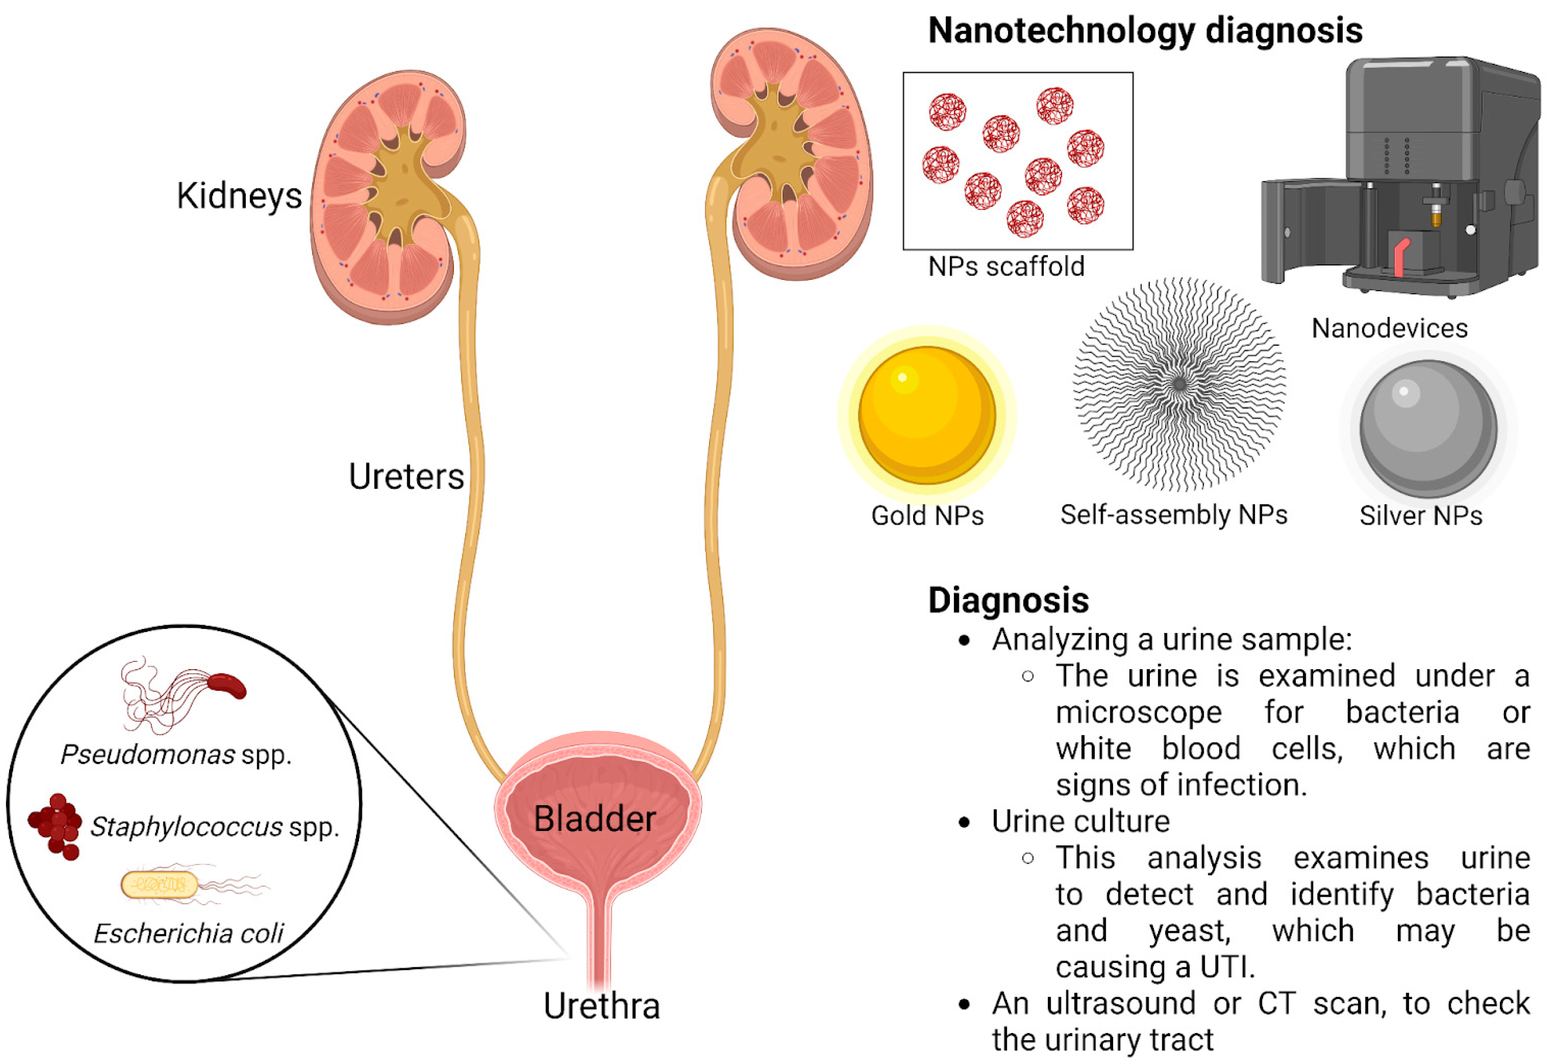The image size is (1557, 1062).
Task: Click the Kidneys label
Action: (x=239, y=196)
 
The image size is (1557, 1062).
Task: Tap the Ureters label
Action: (x=406, y=477)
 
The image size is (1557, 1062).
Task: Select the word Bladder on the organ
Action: (x=594, y=818)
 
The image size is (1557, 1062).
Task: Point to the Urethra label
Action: (x=601, y=1006)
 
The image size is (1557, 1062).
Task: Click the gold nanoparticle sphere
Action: (x=927, y=415)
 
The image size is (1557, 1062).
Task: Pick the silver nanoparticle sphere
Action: (x=1428, y=429)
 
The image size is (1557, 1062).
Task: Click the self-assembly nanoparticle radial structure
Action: (x=1179, y=384)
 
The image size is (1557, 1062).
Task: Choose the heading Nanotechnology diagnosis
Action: (x=1144, y=31)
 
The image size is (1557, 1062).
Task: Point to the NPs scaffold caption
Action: (x=1006, y=266)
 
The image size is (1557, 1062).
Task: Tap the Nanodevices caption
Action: (x=1389, y=328)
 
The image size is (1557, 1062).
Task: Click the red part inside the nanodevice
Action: (x=1401, y=256)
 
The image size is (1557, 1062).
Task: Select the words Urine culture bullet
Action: (x=1080, y=821)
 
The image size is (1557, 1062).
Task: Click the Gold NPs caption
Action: (x=927, y=516)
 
